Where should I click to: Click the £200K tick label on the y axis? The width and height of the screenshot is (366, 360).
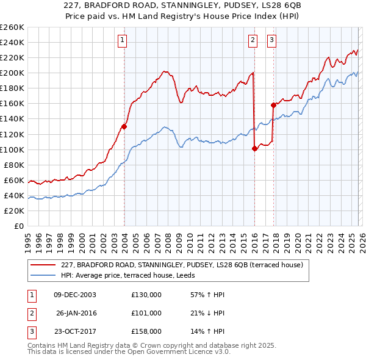(x=12, y=73)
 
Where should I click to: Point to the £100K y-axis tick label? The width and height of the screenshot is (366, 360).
(x=12, y=149)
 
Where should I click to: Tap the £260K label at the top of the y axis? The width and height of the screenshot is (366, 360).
(x=12, y=27)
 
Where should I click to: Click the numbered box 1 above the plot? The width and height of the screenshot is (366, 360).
(x=123, y=40)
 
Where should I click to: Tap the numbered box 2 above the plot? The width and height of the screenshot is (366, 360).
(x=253, y=40)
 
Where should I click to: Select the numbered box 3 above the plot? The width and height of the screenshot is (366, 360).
(x=271, y=40)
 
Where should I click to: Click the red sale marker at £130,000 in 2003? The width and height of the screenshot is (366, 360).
(x=124, y=127)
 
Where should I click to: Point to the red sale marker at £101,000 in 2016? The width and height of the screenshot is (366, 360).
(x=254, y=149)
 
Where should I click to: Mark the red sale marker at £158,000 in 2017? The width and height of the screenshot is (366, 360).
(x=273, y=105)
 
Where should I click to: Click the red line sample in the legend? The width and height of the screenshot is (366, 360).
(x=43, y=265)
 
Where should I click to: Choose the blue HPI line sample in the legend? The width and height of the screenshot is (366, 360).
(x=43, y=275)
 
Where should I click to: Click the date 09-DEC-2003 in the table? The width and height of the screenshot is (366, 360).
(x=75, y=295)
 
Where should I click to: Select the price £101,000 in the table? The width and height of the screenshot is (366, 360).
(x=146, y=313)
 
